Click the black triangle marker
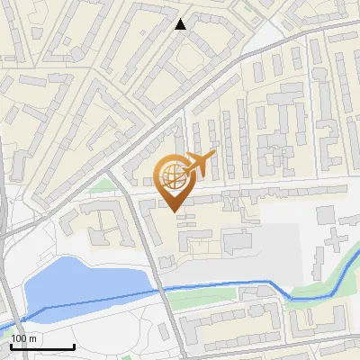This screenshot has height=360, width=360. coord(181,24)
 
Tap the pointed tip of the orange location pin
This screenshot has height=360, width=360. coord(174,211)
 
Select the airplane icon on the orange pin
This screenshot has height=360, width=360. coord(197,164)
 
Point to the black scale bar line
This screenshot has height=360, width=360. coord(41,346)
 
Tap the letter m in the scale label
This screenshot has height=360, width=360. coord(32,338)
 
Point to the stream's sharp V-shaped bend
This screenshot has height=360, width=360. coord(290,298)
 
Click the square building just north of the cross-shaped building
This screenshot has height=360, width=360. coord(325,214)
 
